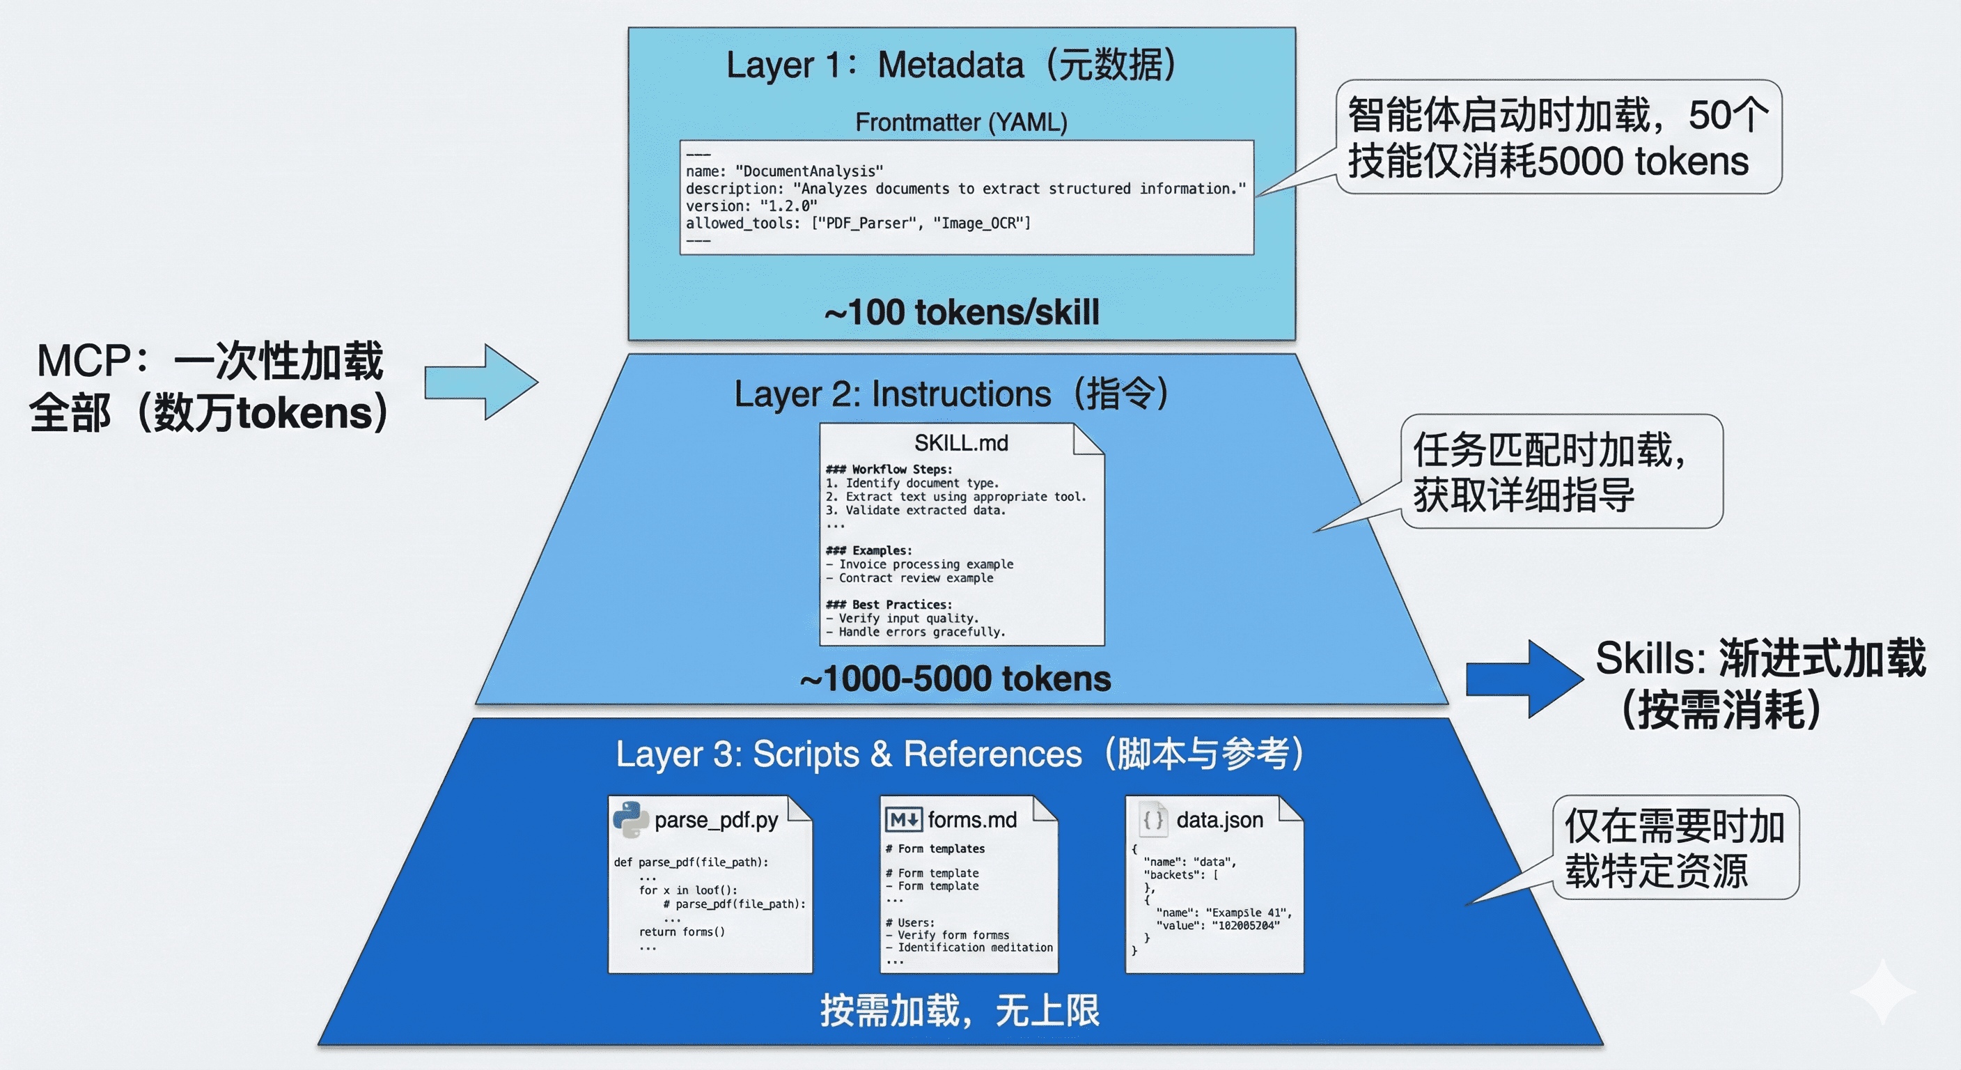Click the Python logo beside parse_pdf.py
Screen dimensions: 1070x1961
[630, 819]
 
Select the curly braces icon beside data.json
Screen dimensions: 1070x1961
[1153, 819]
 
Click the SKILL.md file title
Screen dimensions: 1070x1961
[961, 442]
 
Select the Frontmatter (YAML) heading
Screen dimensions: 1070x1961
[961, 122]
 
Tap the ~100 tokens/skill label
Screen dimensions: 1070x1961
[962, 312]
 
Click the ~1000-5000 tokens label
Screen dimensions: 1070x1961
[955, 679]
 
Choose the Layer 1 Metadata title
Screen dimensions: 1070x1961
[951, 65]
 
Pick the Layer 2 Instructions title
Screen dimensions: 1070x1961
[951, 394]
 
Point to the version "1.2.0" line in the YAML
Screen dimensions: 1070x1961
[751, 206]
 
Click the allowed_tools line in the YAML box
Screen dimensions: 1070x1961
[858, 223]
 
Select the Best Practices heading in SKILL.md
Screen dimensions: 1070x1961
[889, 605]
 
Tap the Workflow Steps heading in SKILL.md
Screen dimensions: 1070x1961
[889, 469]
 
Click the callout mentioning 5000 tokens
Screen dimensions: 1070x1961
[1558, 137]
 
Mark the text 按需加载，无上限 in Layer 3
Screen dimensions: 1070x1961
[959, 1011]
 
